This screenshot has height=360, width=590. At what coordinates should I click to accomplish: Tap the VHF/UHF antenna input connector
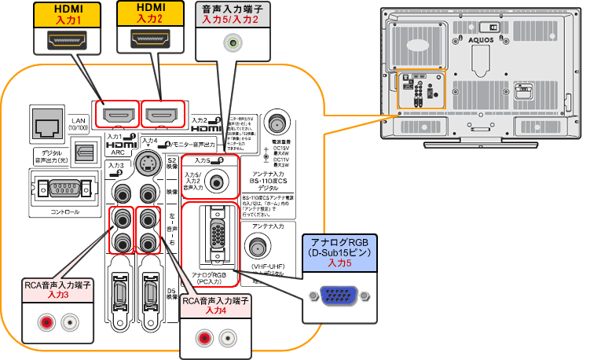pyautogui.click(x=256, y=248)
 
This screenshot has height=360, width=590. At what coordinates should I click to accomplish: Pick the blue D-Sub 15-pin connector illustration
pyautogui.click(x=338, y=296)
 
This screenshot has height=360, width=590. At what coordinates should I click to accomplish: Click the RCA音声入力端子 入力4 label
pyautogui.click(x=215, y=306)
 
